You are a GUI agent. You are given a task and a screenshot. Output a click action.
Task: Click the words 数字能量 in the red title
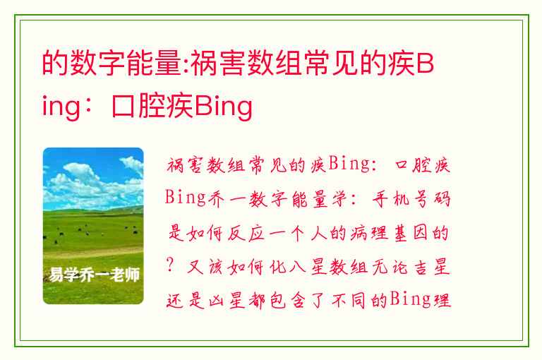[x=126, y=64]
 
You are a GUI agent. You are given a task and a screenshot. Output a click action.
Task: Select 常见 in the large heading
[x=332, y=64]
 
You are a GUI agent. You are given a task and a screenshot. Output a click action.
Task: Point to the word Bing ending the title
[x=224, y=107]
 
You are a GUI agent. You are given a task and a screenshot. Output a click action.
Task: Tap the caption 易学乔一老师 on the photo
[x=94, y=275]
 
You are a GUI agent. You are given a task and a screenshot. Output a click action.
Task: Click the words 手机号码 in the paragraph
[x=411, y=199]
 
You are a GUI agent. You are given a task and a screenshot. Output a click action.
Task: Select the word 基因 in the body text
[x=411, y=233]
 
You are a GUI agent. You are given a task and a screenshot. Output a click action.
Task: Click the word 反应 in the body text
[x=246, y=234]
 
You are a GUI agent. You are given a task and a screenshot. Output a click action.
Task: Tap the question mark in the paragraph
[x=169, y=266]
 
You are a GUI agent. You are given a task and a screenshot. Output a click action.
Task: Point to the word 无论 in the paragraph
[x=390, y=267]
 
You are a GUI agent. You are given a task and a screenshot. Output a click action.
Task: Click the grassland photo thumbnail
[x=93, y=226]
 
